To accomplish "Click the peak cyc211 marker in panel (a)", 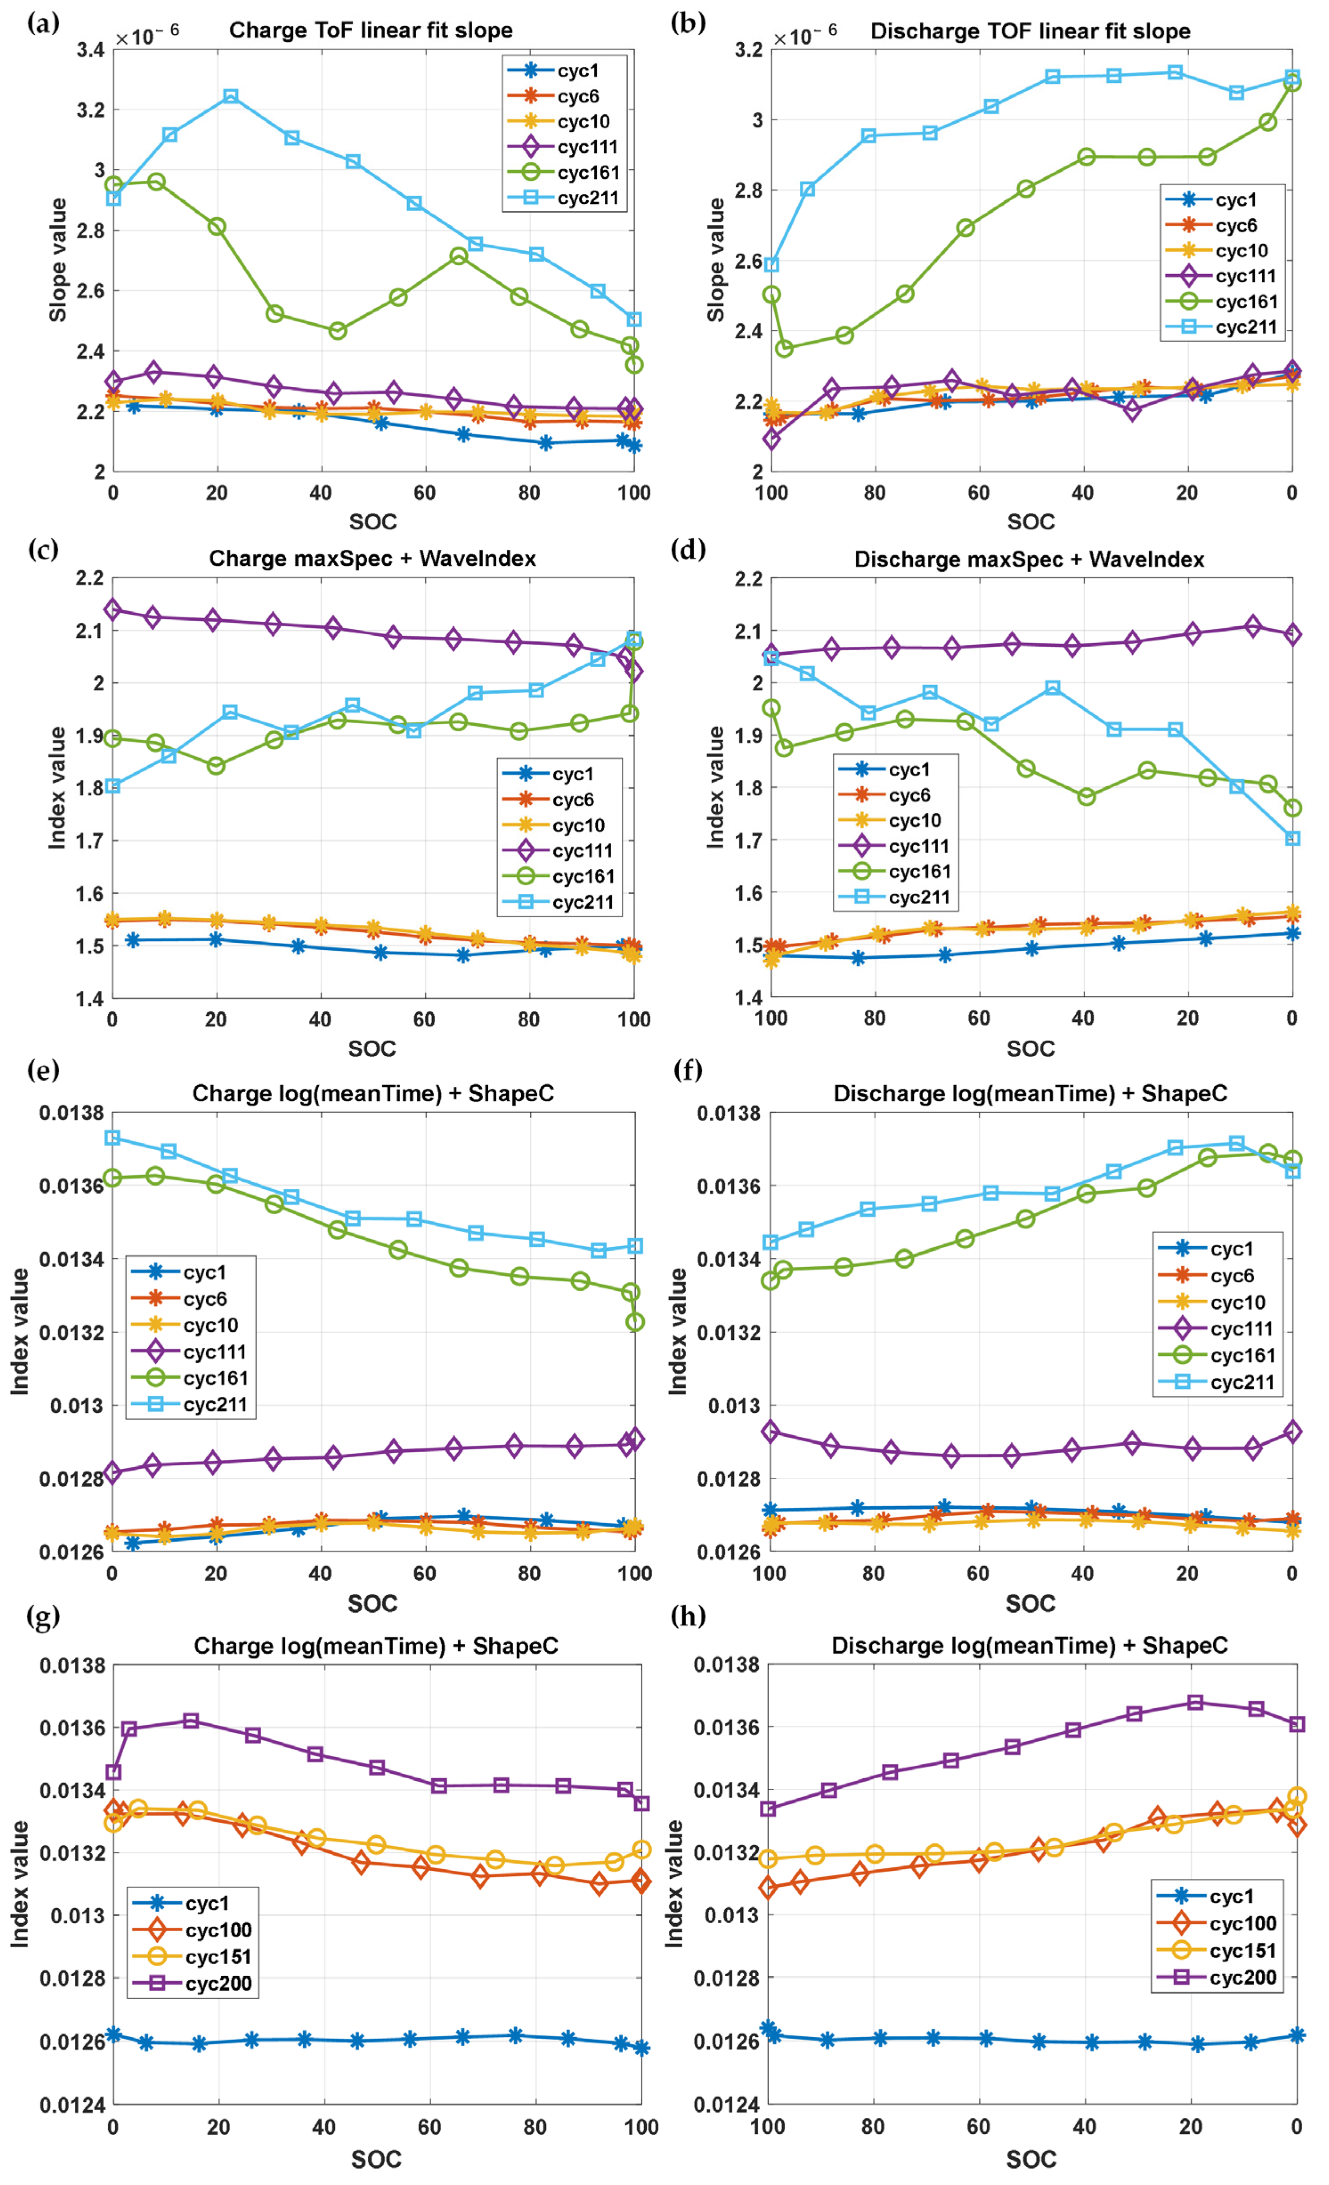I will pyautogui.click(x=231, y=96).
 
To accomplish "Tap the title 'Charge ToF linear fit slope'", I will pyautogui.click(x=371, y=30).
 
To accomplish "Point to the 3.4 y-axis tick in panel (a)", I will pyautogui.click(x=90, y=50).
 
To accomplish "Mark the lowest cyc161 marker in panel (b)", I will pyautogui.click(x=784, y=349).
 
